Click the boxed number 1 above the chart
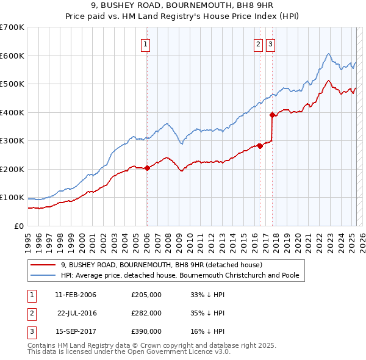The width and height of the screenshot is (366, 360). tap(146, 43)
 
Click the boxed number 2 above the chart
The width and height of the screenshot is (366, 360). tap(259, 43)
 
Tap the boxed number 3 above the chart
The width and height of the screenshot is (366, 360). tap(270, 43)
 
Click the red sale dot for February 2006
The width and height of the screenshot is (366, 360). tap(147, 168)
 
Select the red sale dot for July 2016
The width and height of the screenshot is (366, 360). tap(260, 146)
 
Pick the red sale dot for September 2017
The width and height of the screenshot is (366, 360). tap(272, 115)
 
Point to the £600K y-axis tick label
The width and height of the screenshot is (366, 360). tap(12, 56)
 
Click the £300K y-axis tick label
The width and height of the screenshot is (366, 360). tap(12, 140)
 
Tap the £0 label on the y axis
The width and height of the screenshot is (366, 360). tap(18, 226)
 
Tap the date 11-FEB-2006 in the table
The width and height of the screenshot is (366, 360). tap(76, 295)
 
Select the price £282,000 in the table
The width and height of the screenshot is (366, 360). tap(146, 313)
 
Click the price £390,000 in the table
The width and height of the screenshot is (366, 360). tap(146, 331)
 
